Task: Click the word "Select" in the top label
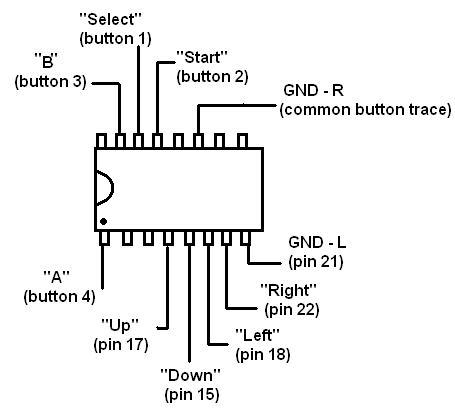coord(110,19)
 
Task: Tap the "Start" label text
coord(202,57)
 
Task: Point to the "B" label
coord(47,61)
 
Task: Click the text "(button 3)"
coord(50,82)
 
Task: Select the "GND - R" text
coord(313,91)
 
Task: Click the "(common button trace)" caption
coord(366,110)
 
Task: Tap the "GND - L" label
coord(317,243)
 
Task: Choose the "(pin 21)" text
coord(316,262)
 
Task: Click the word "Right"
coord(288,290)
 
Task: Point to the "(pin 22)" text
coord(292,310)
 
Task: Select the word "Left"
coord(257,335)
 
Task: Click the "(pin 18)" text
coord(263,355)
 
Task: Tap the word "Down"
coord(191,376)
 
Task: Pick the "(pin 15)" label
coord(192,395)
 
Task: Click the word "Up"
coord(120,325)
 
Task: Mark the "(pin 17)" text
coord(121,345)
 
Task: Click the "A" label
coord(57,277)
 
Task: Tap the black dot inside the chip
coord(103,221)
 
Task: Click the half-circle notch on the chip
coord(109,188)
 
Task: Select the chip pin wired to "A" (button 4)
coord(104,238)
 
